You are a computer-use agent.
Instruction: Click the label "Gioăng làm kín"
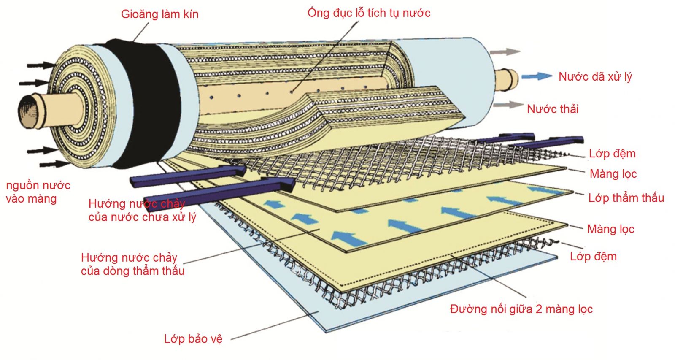[x=159, y=14]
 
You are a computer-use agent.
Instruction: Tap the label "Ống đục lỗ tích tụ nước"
[x=369, y=13]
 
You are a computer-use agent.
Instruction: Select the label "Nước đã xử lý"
[x=595, y=77]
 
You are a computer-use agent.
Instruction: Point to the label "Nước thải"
[x=553, y=109]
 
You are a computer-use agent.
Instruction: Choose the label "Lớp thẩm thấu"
[x=626, y=198]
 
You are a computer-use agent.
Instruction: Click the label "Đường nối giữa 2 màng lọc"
[x=521, y=309]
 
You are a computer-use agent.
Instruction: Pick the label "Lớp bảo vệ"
[x=193, y=339]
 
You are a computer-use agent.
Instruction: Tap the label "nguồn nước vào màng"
[x=38, y=192]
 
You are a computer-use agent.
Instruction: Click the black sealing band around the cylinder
[x=141, y=101]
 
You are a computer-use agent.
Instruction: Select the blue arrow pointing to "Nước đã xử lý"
[x=536, y=76]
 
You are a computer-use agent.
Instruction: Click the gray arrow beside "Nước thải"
[x=508, y=105]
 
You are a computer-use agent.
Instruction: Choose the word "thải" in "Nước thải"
[x=567, y=109]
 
